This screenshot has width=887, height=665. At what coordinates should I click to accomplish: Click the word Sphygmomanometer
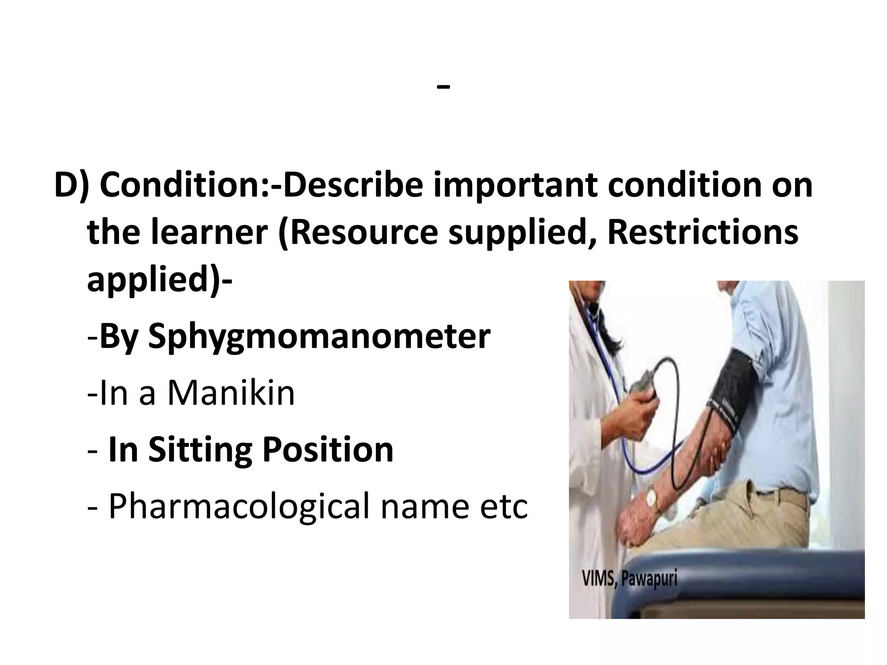(x=319, y=337)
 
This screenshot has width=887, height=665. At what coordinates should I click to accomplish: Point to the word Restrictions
(x=702, y=232)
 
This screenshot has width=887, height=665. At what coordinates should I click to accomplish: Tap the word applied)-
(x=160, y=280)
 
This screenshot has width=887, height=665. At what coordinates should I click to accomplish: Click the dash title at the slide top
(x=443, y=87)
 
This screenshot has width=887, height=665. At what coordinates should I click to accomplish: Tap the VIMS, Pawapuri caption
(x=629, y=579)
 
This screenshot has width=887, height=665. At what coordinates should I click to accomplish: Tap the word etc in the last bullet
(x=504, y=507)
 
